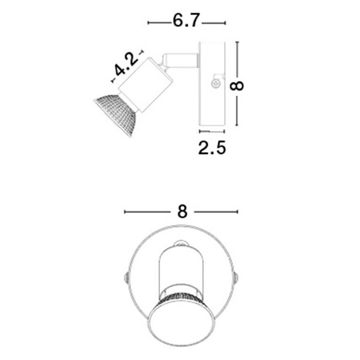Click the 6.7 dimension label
186,21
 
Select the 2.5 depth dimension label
212,147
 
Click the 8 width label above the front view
183,212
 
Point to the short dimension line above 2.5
212,131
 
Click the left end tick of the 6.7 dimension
148,22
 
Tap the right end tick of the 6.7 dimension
225,22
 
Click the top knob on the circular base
182,243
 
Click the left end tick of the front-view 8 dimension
124,212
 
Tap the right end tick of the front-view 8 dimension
238,212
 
